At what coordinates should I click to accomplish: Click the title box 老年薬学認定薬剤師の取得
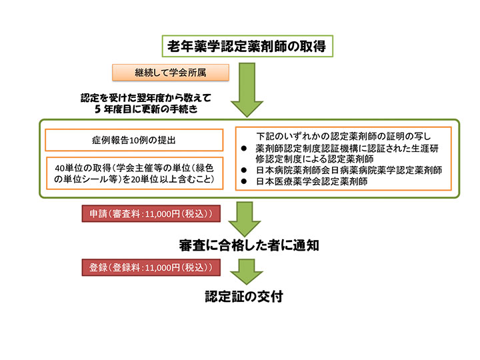click(x=247, y=46)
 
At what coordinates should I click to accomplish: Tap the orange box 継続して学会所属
click(x=171, y=73)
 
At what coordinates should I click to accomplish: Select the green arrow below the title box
click(x=247, y=90)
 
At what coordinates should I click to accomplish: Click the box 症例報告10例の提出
click(x=134, y=140)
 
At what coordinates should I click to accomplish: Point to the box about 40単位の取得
click(x=135, y=173)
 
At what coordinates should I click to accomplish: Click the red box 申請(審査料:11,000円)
click(x=151, y=214)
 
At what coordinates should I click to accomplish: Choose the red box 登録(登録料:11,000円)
click(x=151, y=267)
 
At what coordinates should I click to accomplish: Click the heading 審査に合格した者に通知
click(x=249, y=245)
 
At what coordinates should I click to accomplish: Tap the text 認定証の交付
click(x=244, y=296)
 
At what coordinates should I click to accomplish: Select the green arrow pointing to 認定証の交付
click(x=247, y=271)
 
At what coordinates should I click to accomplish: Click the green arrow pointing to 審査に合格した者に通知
click(x=245, y=219)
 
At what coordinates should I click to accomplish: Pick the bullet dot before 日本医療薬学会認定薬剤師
click(x=244, y=181)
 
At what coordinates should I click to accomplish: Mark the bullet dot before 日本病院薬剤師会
click(x=244, y=170)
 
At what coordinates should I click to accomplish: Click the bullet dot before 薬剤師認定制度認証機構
click(x=244, y=149)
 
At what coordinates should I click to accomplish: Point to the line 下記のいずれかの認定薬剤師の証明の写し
click(x=343, y=136)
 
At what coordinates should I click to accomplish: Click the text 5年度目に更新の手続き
click(x=146, y=109)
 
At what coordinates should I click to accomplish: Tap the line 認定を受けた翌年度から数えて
click(x=146, y=98)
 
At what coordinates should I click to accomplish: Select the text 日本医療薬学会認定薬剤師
click(x=311, y=181)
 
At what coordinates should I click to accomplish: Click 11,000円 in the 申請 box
click(x=162, y=214)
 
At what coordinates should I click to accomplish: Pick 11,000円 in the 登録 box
click(x=162, y=268)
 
